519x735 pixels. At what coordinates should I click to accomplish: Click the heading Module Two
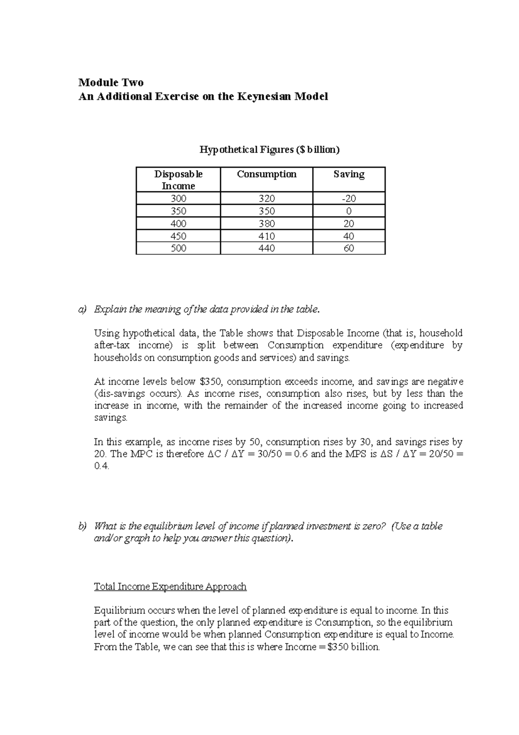(111, 82)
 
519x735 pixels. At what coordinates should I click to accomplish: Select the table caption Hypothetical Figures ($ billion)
(269, 150)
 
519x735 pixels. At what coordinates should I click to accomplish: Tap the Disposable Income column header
(178, 180)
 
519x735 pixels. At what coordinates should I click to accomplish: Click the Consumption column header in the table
(266, 174)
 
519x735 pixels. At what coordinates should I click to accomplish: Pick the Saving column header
(349, 174)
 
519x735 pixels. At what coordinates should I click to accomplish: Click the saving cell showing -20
(349, 199)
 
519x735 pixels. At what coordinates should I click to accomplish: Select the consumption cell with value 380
(266, 223)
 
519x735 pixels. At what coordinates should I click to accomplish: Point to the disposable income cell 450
(178, 236)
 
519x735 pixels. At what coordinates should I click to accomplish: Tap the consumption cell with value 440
(266, 248)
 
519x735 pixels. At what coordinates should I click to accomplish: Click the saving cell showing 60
(349, 248)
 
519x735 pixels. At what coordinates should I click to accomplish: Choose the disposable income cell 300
(178, 199)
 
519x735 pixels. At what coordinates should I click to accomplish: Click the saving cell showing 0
(349, 211)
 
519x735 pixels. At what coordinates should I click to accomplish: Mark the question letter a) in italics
(82, 309)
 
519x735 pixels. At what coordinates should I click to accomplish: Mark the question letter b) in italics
(82, 526)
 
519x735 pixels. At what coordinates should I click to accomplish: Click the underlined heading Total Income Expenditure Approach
(170, 587)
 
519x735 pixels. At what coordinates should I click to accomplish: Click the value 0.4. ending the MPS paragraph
(102, 466)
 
